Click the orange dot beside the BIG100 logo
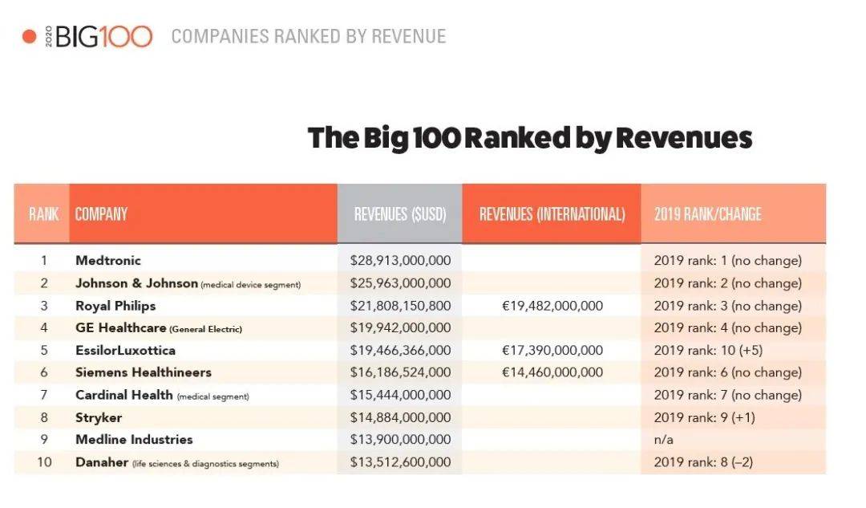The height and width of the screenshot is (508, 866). (29, 37)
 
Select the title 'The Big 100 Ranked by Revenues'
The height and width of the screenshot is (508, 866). (530, 138)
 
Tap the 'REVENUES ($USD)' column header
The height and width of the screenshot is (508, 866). (399, 214)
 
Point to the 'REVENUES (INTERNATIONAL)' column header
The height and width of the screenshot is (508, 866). (552, 214)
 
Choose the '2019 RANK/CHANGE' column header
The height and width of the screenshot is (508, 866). (707, 214)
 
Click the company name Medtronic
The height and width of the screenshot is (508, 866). (107, 261)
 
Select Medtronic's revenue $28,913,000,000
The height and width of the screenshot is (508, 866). (400, 261)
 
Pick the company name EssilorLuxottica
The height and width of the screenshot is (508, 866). (125, 351)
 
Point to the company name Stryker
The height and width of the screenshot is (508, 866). (99, 417)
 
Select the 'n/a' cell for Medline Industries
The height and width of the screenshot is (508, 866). (663, 440)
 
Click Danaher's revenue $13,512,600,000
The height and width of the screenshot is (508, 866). (400, 462)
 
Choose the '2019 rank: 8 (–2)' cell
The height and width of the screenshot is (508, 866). (703, 462)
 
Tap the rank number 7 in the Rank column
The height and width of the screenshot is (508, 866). (44, 395)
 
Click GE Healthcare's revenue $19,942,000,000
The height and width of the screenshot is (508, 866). (400, 328)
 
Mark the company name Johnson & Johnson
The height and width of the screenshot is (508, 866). (136, 283)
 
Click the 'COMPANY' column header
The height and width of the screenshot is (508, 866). (101, 214)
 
